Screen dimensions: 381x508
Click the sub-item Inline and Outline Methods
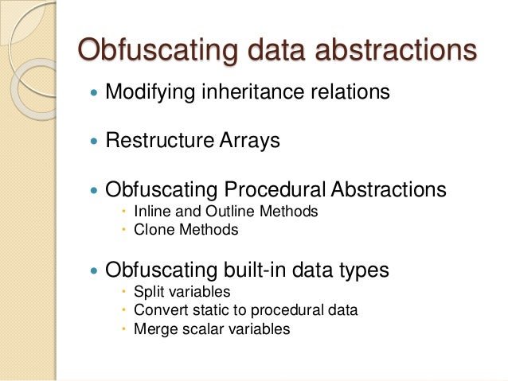[226, 212]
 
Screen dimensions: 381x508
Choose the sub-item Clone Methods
[186, 230]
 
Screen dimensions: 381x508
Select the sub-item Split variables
[182, 291]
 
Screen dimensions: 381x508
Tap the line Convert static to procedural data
[246, 309]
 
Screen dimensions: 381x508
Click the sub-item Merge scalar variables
[212, 328]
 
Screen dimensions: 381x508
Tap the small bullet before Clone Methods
[124, 231]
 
